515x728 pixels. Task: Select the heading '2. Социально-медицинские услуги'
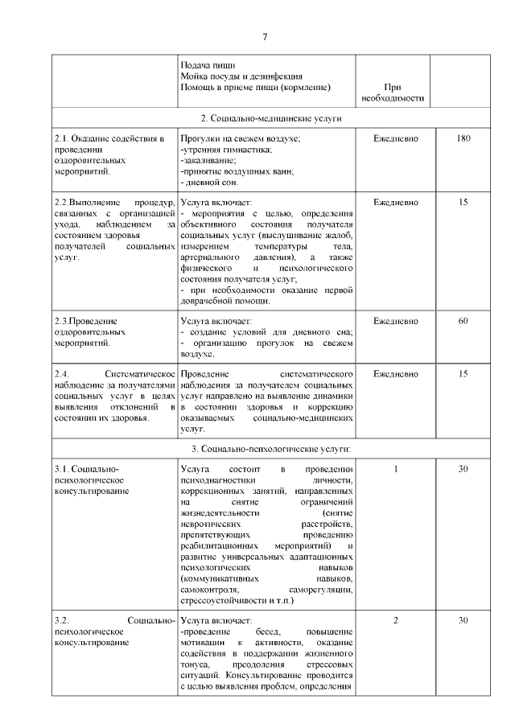[x=265, y=118]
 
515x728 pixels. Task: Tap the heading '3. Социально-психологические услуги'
[x=265, y=448]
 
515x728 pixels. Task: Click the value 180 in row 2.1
[x=463, y=139]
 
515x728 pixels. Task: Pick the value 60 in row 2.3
[x=463, y=321]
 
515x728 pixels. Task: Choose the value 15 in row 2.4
[x=463, y=374]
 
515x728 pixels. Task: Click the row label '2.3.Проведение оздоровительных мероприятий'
[x=89, y=331]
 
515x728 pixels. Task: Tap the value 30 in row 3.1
[x=463, y=469]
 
